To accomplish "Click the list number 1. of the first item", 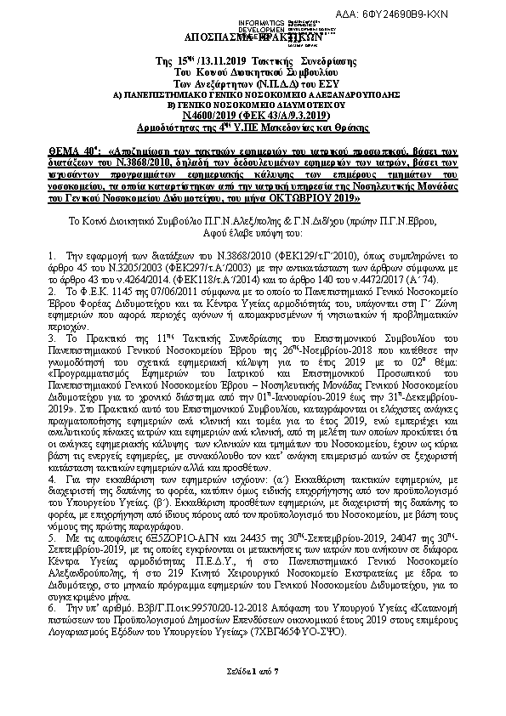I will (x=54, y=255).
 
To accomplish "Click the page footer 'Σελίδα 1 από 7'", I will (x=253, y=671).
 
